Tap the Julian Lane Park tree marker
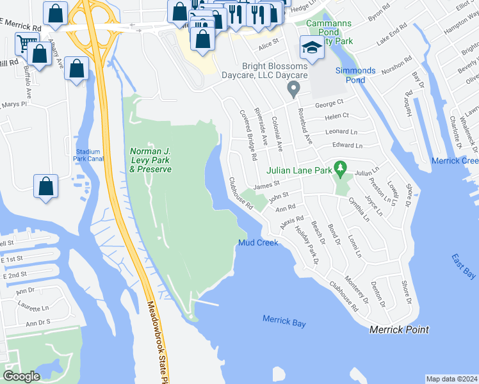pyautogui.click(x=341, y=170)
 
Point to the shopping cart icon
pyautogui.click(x=26, y=44)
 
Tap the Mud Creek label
pyautogui.click(x=258, y=243)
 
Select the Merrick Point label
pyautogui.click(x=399, y=330)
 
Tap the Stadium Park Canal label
pyautogui.click(x=88, y=155)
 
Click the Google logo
pyautogui.click(x=21, y=376)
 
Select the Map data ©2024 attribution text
pyautogui.click(x=451, y=379)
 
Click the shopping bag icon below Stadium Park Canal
pyautogui.click(x=46, y=188)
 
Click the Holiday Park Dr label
pyautogui.click(x=306, y=243)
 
